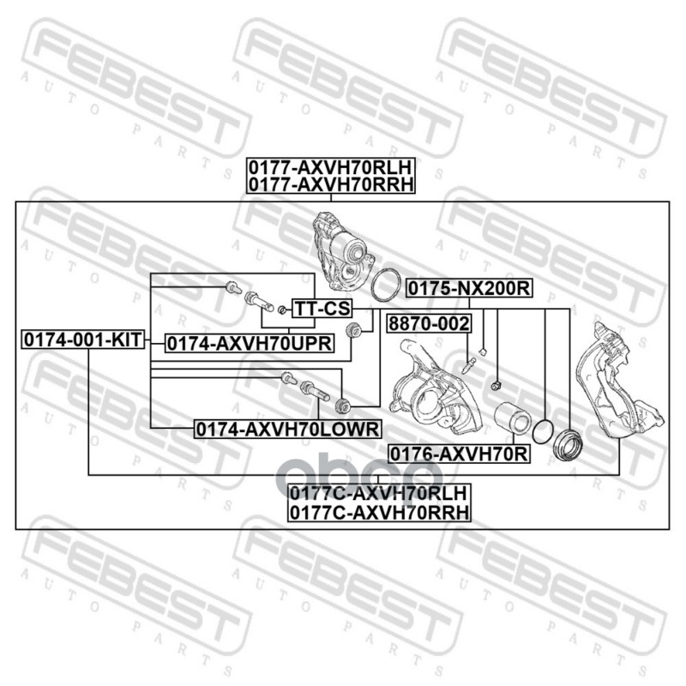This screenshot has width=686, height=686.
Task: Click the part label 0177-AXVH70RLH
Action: click(x=331, y=166)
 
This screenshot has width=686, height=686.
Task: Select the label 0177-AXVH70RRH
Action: click(x=331, y=184)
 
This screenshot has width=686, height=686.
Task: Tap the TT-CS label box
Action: click(x=322, y=309)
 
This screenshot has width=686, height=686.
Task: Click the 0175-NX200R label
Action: click(x=469, y=288)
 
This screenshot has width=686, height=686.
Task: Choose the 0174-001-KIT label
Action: click(x=83, y=340)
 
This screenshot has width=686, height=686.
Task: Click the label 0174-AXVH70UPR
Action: click(x=250, y=344)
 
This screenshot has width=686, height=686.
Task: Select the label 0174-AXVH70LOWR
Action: click(x=288, y=429)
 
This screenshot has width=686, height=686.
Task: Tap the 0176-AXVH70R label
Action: click(x=459, y=454)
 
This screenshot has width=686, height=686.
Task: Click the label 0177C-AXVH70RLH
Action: click(x=379, y=493)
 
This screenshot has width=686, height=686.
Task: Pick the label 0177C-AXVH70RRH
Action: click(x=379, y=512)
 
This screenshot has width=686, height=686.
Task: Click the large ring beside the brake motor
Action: click(x=386, y=285)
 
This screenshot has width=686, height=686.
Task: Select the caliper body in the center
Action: click(x=436, y=389)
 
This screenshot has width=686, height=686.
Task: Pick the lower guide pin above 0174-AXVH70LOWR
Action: click(x=315, y=391)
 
